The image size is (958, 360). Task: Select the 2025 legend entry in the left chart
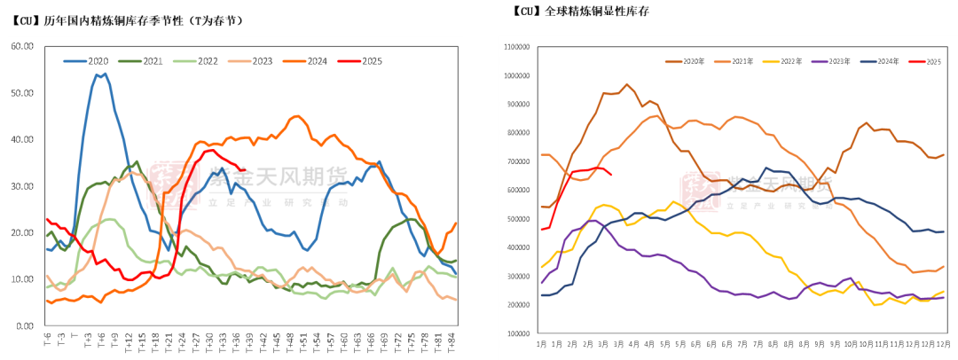tap(365, 61)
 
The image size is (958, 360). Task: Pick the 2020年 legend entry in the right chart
tap(690, 61)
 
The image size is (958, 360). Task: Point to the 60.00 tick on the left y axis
tap(21, 46)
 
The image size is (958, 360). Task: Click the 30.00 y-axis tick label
tap(21, 186)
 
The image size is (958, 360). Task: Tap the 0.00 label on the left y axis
tap(24, 325)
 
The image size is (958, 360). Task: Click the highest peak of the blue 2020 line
tap(104, 74)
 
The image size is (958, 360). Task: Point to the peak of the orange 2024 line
tap(297, 115)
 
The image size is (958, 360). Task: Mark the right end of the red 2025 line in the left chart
tap(244, 170)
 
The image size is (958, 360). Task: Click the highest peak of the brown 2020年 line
tap(627, 84)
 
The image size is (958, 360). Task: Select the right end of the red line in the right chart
tap(610, 175)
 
